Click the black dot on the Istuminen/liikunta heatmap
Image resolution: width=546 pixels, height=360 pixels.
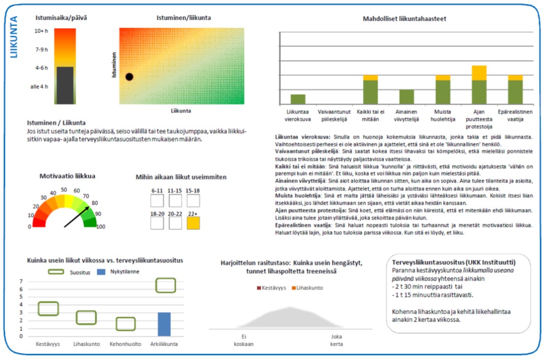(129, 77)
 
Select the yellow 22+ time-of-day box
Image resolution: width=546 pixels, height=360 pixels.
(194, 223)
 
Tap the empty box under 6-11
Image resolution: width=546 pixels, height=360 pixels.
(157, 201)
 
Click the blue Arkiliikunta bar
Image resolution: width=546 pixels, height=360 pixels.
(164, 324)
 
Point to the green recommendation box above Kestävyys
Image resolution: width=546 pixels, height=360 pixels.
(48, 308)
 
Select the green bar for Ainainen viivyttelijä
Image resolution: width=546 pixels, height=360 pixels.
(406, 96)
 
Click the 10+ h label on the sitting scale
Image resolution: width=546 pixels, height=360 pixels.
(41, 32)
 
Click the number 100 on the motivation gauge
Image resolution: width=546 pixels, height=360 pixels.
(101, 227)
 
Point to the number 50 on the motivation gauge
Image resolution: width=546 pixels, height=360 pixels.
(64, 190)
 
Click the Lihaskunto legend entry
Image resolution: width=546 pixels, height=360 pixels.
(310, 287)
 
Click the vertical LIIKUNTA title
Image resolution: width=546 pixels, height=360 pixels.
(14, 37)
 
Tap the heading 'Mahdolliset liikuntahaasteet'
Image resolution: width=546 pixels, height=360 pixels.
(405, 19)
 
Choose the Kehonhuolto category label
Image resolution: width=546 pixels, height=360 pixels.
(125, 344)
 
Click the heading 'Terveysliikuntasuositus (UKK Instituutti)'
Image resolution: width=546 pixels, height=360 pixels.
(454, 262)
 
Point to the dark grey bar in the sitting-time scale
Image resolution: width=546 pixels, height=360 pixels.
(65, 85)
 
